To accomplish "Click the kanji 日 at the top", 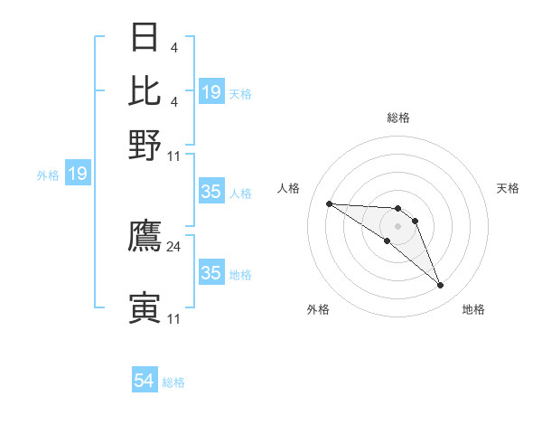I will [145, 37].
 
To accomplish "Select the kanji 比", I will [145, 90].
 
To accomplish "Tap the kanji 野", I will [145, 144].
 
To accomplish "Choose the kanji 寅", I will [145, 307].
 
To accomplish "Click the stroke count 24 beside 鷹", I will [174, 246].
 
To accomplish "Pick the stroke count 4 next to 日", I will [173, 47].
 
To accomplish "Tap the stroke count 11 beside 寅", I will [174, 318].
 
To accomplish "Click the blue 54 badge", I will [145, 381].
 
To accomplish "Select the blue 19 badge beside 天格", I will [211, 91].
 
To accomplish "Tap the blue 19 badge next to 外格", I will [78, 173].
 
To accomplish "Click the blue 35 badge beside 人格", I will [211, 192].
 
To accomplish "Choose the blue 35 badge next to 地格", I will [211, 273].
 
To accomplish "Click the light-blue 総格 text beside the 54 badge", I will [173, 382].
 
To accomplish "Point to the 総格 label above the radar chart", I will [397, 118].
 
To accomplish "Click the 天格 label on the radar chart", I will [508, 188].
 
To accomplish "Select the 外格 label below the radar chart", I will [317, 309].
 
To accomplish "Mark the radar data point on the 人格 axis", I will [329, 203].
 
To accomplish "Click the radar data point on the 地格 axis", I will [440, 286].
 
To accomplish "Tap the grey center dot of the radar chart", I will [397, 225].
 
